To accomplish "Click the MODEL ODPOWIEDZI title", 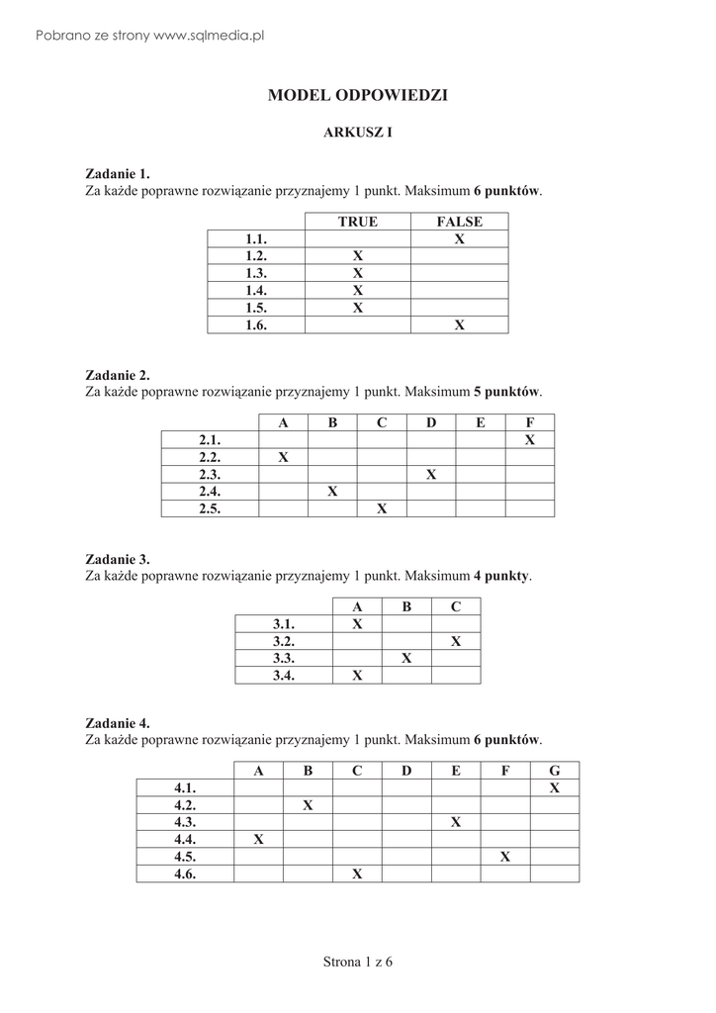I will click(x=357, y=96).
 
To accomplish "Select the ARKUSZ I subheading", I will click(x=358, y=133).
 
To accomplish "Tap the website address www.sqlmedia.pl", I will click(x=211, y=36).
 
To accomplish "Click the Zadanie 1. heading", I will click(x=118, y=173).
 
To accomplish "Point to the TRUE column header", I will click(x=358, y=222).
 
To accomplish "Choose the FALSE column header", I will click(x=459, y=222).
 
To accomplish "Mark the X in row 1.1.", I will click(x=459, y=239).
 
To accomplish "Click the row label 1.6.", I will click(x=257, y=323).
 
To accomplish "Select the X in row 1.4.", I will click(x=358, y=290).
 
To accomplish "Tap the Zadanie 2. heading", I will click(x=118, y=375).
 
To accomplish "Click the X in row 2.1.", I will click(x=530, y=440).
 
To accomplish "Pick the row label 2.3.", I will click(x=210, y=474).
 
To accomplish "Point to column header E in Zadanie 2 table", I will click(x=481, y=423).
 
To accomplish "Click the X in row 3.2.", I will click(x=456, y=641).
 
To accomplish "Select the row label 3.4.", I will click(x=285, y=676).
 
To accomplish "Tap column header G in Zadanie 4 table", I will click(x=555, y=771).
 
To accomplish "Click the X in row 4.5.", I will click(x=505, y=857).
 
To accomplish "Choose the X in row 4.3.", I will click(x=456, y=822).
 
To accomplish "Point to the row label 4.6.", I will click(x=185, y=874).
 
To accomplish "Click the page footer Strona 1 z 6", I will click(x=358, y=962).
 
